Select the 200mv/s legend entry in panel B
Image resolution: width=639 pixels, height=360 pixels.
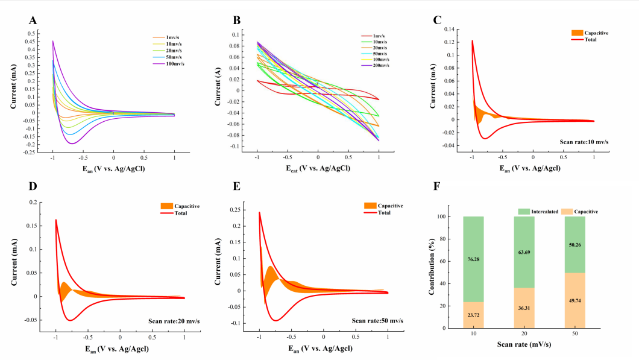pos(379,65)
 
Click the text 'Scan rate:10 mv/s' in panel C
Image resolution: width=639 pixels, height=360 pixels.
pos(579,142)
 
